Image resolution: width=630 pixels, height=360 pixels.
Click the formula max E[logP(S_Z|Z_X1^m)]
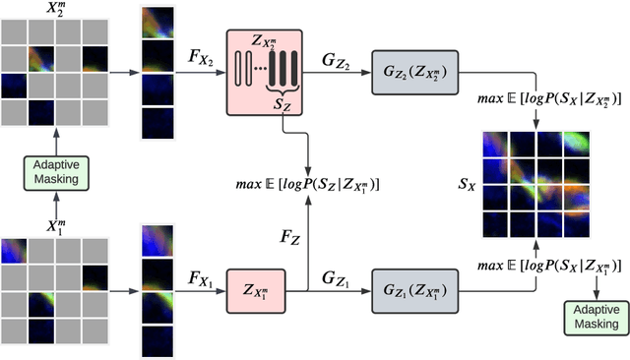pyautogui.click(x=309, y=184)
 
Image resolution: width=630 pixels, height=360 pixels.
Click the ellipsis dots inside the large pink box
pyautogui.click(x=257, y=68)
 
